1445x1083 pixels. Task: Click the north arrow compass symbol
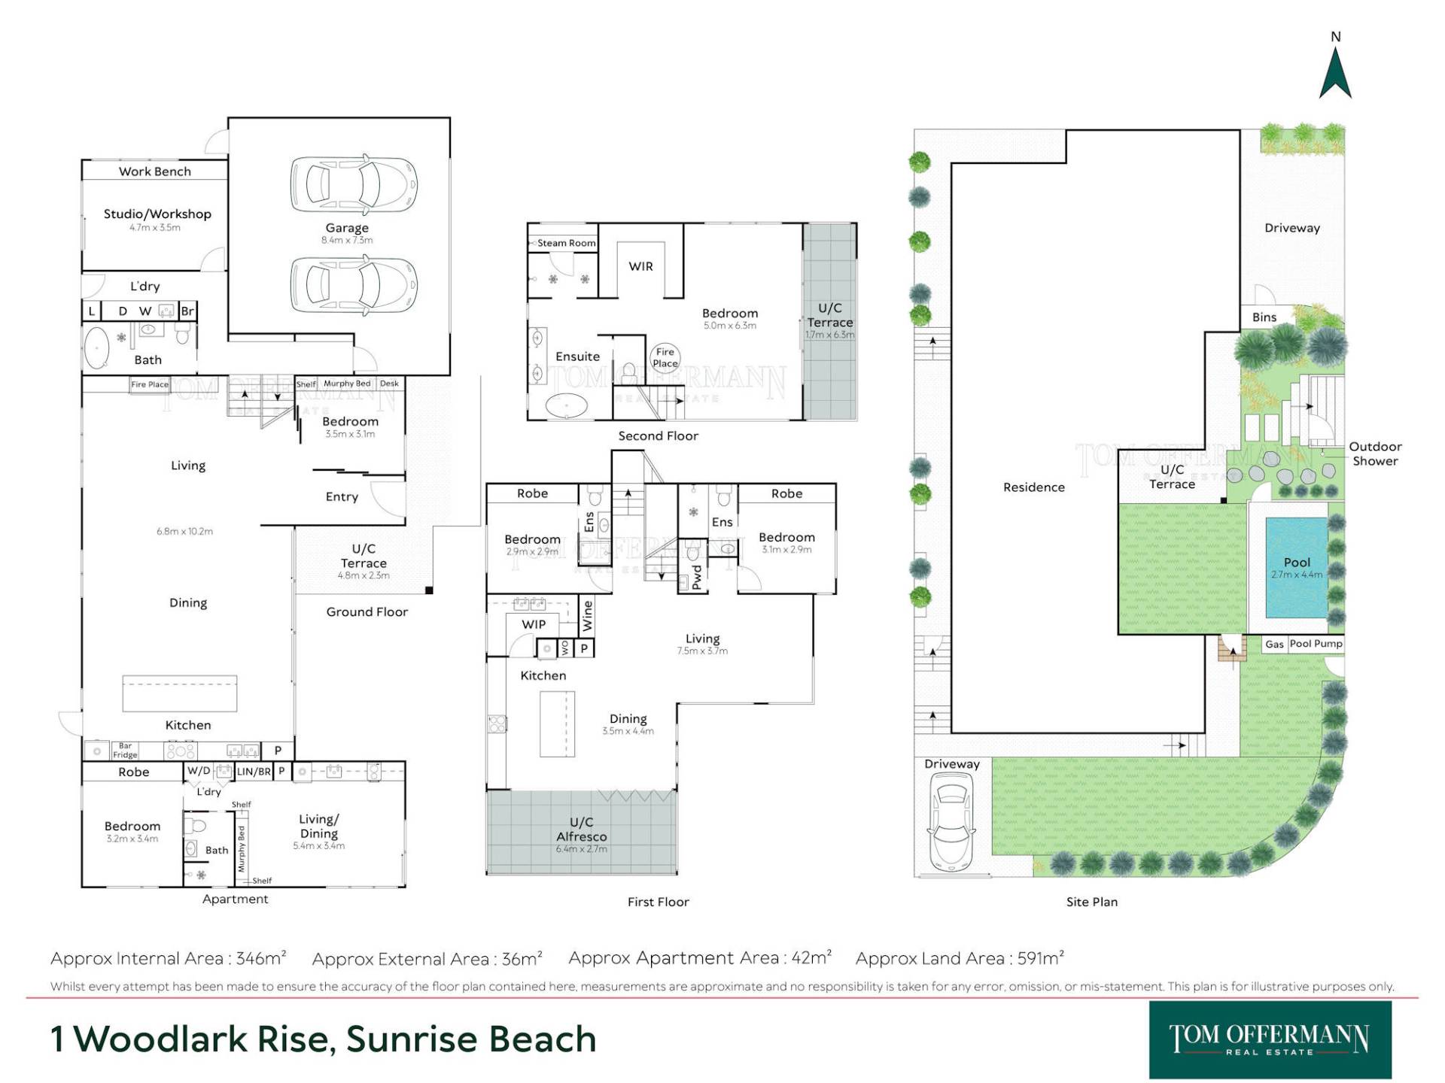tap(1335, 72)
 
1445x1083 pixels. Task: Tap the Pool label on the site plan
tap(1297, 562)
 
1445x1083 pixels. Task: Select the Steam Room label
tap(566, 243)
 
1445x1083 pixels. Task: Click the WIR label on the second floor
tap(640, 266)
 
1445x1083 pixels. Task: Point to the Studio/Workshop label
tap(157, 214)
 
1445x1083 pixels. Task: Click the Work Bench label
tap(155, 171)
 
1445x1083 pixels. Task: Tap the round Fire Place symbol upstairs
tap(665, 357)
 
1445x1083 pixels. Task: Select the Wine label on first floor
tap(588, 615)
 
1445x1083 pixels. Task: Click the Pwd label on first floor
tap(697, 577)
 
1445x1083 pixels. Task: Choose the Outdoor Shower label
tap(1375, 454)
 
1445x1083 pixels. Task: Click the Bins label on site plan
tap(1264, 317)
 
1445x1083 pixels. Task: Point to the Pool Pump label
tap(1316, 644)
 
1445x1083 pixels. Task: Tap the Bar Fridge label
tap(125, 751)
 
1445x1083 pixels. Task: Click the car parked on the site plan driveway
tap(951, 827)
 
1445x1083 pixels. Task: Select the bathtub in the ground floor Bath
tap(97, 347)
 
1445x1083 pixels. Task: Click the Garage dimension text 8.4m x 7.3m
tap(347, 241)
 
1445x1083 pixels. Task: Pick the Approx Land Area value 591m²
tap(1041, 958)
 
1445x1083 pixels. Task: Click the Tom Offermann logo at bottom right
tap(1270, 1040)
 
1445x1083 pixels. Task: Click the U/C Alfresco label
tap(581, 830)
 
